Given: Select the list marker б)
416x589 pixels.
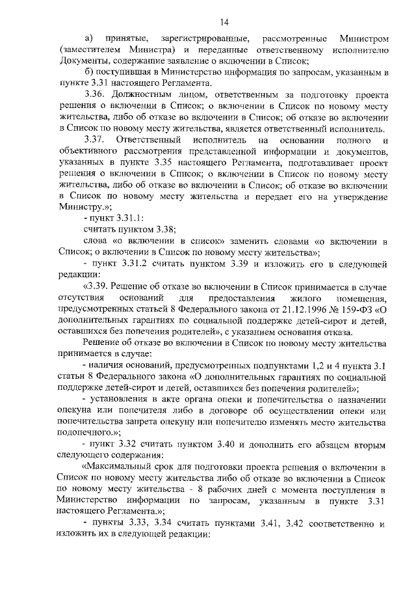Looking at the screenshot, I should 89,72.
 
